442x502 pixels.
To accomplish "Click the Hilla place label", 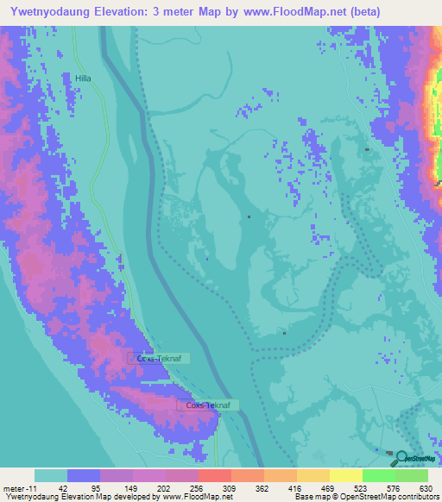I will [83, 78].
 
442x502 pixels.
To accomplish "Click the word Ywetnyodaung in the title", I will [55, 11].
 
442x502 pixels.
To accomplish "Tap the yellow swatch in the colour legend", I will [345, 475].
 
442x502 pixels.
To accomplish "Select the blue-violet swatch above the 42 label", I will [84, 475].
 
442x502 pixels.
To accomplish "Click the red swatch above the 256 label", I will [215, 475].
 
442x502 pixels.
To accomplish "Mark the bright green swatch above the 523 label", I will [378, 475].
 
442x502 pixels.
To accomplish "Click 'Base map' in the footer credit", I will [308, 497].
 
